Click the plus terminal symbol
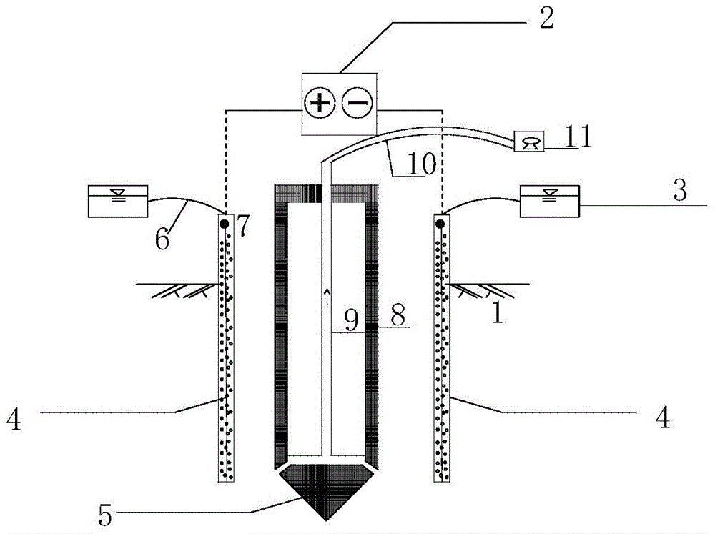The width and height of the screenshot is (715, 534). tap(320, 103)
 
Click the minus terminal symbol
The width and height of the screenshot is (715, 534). tap(357, 103)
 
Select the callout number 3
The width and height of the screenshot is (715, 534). tap(680, 189)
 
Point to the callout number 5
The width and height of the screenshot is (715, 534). tap(105, 515)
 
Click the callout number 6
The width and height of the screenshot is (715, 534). tap(162, 239)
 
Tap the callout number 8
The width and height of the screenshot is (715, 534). tap(398, 315)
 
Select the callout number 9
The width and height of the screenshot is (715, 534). tap(351, 320)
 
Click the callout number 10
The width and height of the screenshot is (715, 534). tap(422, 163)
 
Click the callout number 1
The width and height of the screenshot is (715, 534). tap(498, 313)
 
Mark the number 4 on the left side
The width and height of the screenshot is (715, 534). tap(14, 419)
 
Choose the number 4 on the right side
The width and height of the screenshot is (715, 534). tap(662, 417)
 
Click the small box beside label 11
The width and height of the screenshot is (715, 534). tap(529, 142)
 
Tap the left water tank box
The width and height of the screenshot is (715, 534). tap(118, 201)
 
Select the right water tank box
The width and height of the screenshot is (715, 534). tap(550, 201)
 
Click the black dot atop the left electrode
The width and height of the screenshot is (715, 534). tap(225, 224)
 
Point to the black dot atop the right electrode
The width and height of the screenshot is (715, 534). tap(440, 224)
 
